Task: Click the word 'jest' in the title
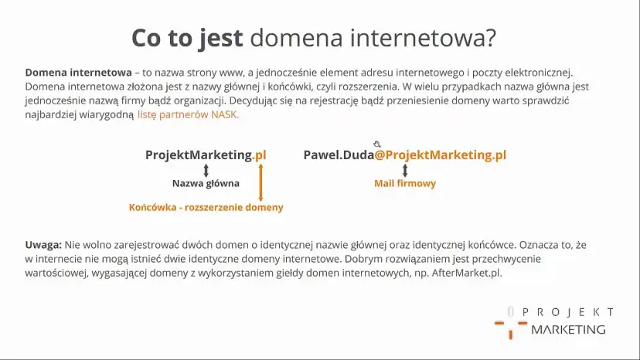point(222,37)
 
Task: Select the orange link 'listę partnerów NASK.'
point(189,114)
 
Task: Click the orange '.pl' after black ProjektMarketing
point(260,155)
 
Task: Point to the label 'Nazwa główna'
point(206,184)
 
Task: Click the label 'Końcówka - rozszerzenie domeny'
point(206,207)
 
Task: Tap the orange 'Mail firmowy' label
point(405,184)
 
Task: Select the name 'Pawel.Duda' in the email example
point(339,155)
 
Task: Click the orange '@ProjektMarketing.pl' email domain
point(441,155)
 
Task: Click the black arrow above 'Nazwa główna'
point(206,170)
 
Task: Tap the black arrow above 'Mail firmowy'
point(405,170)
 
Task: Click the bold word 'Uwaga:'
point(43,245)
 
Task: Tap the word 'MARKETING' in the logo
point(568,329)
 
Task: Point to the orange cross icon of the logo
point(511,324)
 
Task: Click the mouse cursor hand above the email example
point(377,144)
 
